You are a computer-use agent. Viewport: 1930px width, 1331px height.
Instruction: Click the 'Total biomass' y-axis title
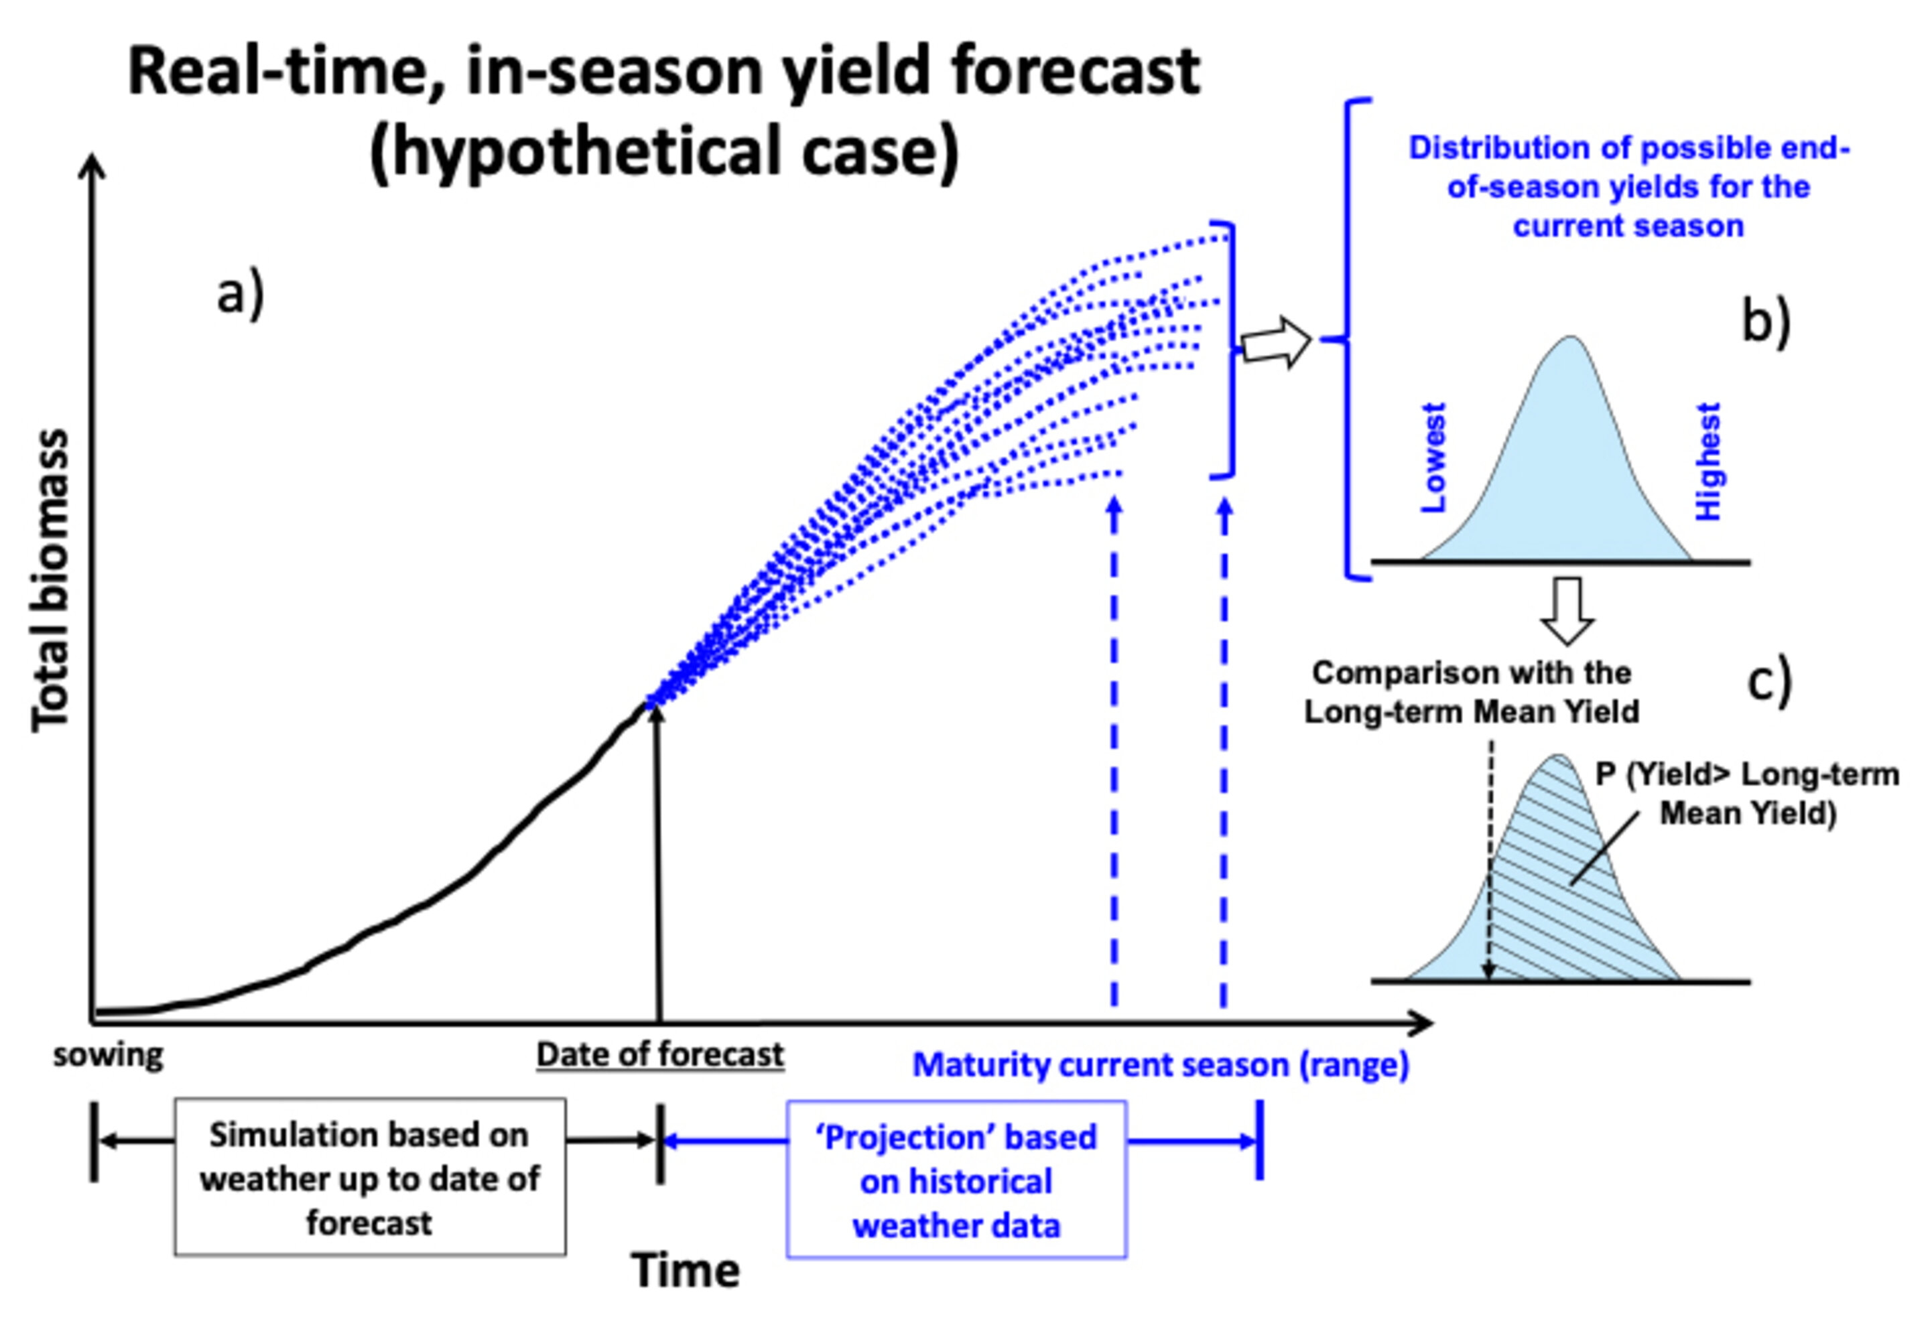point(50,581)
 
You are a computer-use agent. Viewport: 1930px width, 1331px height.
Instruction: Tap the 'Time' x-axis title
point(685,1271)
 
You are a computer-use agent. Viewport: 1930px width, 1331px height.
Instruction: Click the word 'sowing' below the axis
point(109,1056)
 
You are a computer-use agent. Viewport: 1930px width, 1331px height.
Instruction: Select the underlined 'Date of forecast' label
point(659,1055)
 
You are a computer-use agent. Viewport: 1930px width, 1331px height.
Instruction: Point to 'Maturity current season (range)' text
point(1160,1065)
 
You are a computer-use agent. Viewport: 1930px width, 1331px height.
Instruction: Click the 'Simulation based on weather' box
point(369,1178)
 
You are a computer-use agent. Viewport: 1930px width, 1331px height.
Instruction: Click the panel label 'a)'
point(240,293)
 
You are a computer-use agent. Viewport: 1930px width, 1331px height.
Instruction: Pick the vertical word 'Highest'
point(1708,461)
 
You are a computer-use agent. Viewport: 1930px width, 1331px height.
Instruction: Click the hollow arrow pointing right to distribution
point(1275,342)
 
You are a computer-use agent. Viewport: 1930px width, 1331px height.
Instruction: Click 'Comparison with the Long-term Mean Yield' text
point(1471,692)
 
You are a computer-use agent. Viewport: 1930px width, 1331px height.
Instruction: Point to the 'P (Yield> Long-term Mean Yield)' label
point(1746,794)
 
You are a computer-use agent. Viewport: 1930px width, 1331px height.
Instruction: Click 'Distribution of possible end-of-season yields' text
point(1628,187)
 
